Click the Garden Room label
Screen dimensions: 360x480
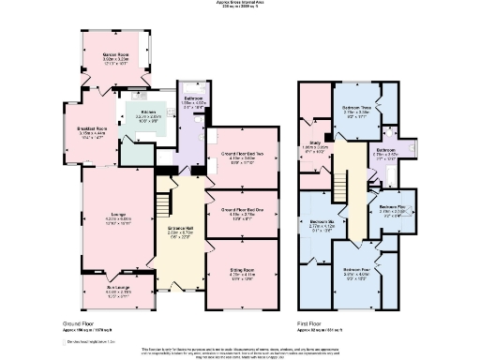115,55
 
